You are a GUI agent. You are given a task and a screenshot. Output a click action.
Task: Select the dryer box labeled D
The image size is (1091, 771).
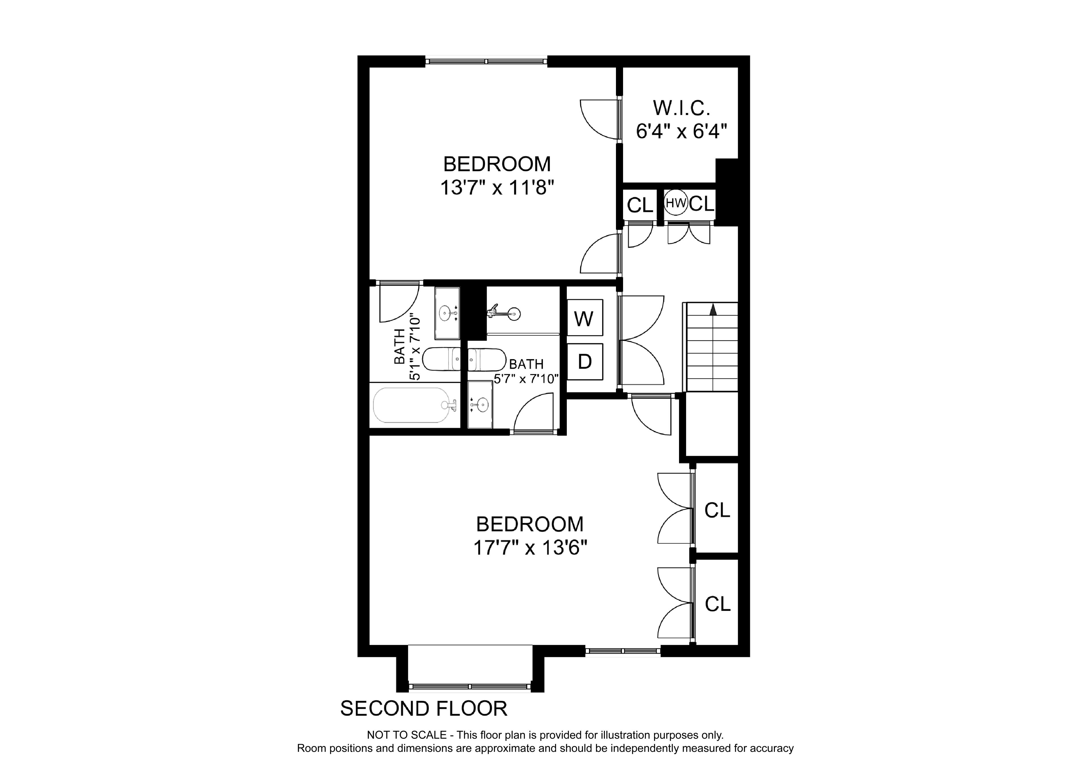coord(585,362)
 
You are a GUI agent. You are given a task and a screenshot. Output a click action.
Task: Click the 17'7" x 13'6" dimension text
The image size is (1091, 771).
coord(530,548)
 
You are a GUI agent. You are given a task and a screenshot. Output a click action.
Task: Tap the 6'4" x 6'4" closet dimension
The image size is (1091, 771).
coord(682,131)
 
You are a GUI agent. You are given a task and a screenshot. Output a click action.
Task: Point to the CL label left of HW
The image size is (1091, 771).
coord(640,205)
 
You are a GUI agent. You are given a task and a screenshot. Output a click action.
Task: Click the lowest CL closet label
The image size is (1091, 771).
coord(717,604)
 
